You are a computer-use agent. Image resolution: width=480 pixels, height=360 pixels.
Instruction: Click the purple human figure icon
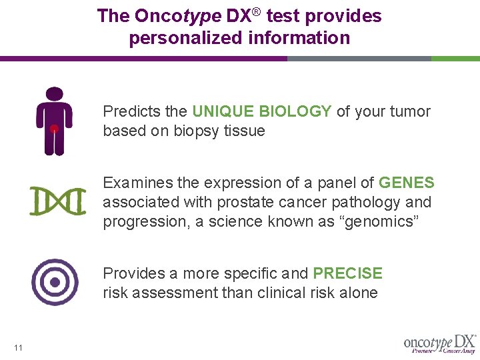pos(54,121)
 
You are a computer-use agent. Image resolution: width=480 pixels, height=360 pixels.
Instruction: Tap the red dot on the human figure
pos(54,128)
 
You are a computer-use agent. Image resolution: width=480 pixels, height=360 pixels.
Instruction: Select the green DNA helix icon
pos(58,201)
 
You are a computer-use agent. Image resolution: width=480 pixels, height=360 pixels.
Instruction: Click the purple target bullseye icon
pos(55,282)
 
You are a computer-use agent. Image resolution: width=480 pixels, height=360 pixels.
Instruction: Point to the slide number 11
pos(18,347)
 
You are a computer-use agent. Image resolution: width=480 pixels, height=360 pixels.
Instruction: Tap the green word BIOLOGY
pos(295,111)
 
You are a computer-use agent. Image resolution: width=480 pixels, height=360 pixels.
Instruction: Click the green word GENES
pos(406,183)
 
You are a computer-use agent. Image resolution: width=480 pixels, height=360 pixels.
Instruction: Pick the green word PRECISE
pos(347,273)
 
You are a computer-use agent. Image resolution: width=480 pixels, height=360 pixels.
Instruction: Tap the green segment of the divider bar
pos(455,59)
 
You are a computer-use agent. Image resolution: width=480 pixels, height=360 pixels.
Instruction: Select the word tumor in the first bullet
pos(410,111)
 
